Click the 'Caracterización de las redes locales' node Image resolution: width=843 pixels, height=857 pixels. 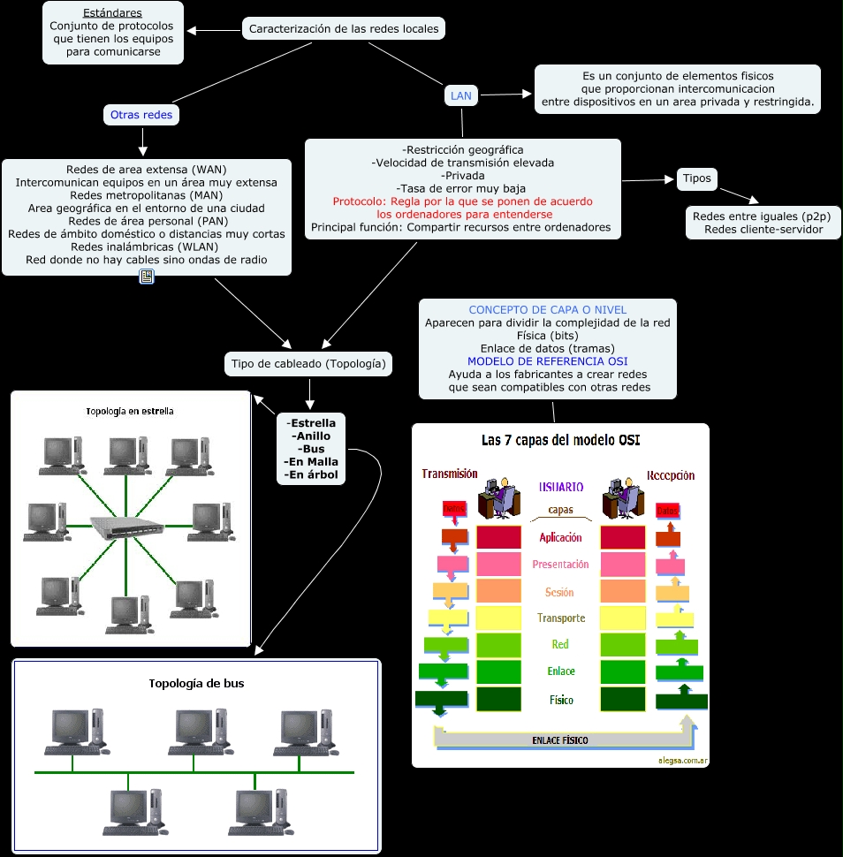(343, 29)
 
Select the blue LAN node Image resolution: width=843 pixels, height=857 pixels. (461, 95)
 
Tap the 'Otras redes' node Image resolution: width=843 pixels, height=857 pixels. (141, 115)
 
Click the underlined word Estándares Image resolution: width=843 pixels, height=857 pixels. (112, 13)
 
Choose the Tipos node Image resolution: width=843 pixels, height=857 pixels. (696, 178)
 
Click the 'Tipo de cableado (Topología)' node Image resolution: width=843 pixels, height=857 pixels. (308, 364)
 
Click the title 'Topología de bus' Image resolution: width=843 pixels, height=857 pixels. (196, 683)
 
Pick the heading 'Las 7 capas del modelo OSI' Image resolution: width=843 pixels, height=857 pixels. (560, 440)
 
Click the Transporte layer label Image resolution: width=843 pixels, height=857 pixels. (560, 618)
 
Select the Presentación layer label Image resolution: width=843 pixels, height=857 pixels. (560, 565)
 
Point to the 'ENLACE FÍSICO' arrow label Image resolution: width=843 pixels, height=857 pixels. (559, 739)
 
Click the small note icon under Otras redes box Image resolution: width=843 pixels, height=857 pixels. (147, 277)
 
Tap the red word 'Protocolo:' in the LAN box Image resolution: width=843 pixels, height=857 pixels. (353, 201)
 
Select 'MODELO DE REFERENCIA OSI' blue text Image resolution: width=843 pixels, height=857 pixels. (547, 361)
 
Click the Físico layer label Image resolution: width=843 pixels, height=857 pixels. (560, 700)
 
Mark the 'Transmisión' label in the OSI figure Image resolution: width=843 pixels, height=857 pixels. (450, 474)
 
